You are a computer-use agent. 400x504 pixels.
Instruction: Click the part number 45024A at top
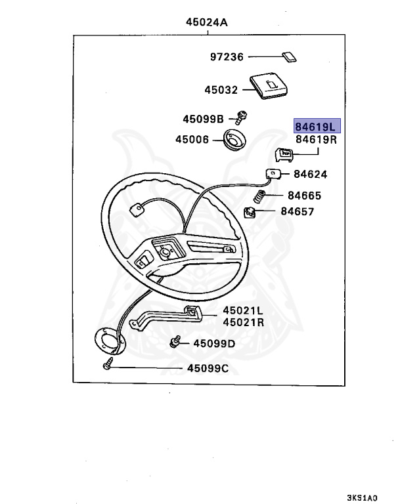pyautogui.click(x=208, y=22)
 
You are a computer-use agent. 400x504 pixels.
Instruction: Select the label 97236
pyautogui.click(x=227, y=57)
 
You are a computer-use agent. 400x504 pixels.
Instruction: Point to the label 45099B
pyautogui.click(x=204, y=119)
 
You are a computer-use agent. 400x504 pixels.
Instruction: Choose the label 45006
pyautogui.click(x=192, y=139)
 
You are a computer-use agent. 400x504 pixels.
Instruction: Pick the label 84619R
pyautogui.click(x=317, y=139)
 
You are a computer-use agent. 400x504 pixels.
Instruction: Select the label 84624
pyautogui.click(x=311, y=175)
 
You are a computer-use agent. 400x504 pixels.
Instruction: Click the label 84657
pyautogui.click(x=297, y=212)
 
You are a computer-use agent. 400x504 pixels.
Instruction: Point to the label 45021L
pyautogui.click(x=243, y=310)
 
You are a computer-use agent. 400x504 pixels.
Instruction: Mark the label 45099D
pyautogui.click(x=213, y=343)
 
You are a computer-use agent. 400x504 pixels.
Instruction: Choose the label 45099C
pyautogui.click(x=207, y=368)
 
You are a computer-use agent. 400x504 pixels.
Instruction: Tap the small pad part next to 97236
pyautogui.click(x=287, y=57)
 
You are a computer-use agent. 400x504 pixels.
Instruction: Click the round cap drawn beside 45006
pyautogui.click(x=234, y=140)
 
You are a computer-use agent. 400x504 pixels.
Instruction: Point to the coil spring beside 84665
pyautogui.click(x=261, y=196)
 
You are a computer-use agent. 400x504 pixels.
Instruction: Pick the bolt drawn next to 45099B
pyautogui.click(x=242, y=118)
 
